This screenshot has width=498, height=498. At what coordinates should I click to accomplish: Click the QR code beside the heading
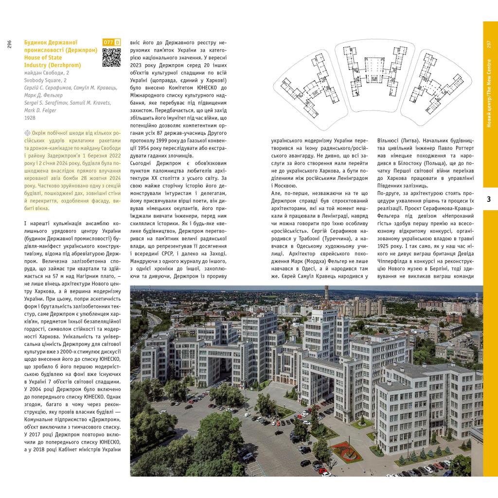tap(111, 57)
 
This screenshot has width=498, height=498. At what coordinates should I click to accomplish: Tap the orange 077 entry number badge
tap(108, 43)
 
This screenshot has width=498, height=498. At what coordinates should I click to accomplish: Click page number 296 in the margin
tap(9, 44)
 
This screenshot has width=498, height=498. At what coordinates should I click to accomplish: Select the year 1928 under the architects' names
tap(29, 118)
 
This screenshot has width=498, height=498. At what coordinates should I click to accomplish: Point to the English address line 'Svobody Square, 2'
tap(45, 80)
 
